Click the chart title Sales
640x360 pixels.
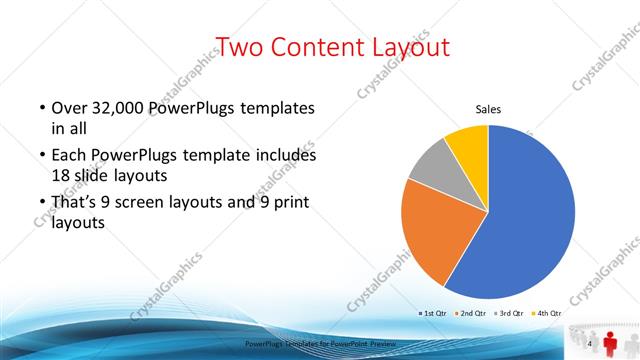(487, 110)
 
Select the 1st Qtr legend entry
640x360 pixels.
(432, 313)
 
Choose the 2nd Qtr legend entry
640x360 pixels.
(474, 313)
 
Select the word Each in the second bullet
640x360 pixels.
(69, 156)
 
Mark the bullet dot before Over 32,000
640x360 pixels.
(41, 109)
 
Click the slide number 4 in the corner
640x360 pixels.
(591, 344)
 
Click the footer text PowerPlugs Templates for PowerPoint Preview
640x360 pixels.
(320, 344)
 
